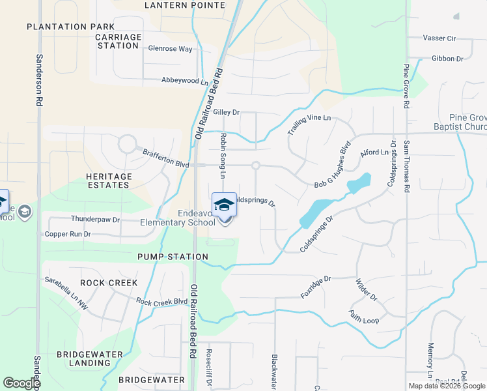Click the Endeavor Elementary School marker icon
[224, 205]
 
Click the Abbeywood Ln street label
[185, 81]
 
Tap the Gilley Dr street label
[227, 112]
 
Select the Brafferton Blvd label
[166, 158]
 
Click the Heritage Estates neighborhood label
[109, 181]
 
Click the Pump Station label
[173, 257]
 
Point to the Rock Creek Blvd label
[161, 302]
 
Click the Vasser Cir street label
[439, 38]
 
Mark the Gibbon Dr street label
[447, 59]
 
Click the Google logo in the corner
[21, 383]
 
